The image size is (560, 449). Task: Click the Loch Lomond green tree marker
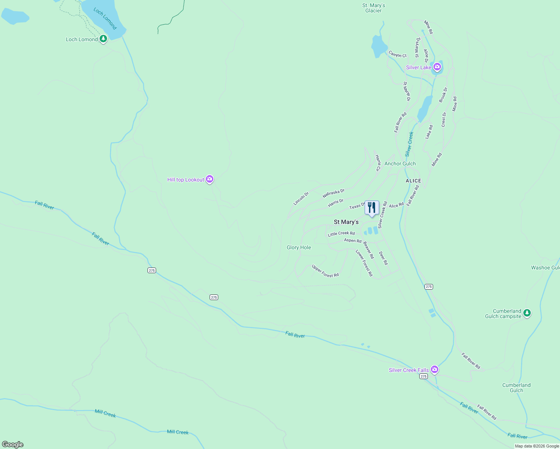(x=103, y=39)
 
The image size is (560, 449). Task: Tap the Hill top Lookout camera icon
(x=210, y=179)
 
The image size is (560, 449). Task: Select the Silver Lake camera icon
(x=437, y=67)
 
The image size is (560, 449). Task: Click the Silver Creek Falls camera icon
(x=434, y=369)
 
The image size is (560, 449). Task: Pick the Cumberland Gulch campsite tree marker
(x=527, y=313)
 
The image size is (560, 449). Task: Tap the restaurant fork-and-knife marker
(x=372, y=208)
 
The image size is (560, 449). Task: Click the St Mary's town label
(x=346, y=222)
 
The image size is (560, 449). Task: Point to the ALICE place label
(x=413, y=181)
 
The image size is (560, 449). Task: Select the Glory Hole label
(x=299, y=247)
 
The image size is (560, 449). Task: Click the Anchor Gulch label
(x=400, y=164)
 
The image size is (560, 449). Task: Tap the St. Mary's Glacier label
(x=374, y=8)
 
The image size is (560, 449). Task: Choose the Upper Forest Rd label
(x=325, y=271)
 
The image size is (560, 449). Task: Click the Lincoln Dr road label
(x=301, y=199)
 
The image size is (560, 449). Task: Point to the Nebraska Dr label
(x=334, y=193)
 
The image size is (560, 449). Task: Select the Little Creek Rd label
(x=341, y=233)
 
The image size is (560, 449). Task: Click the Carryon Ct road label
(x=398, y=54)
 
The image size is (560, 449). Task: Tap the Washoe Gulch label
(x=545, y=268)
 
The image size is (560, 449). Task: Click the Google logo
(x=13, y=445)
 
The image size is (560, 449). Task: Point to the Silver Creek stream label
(x=409, y=144)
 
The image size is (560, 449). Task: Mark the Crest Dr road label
(x=444, y=119)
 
